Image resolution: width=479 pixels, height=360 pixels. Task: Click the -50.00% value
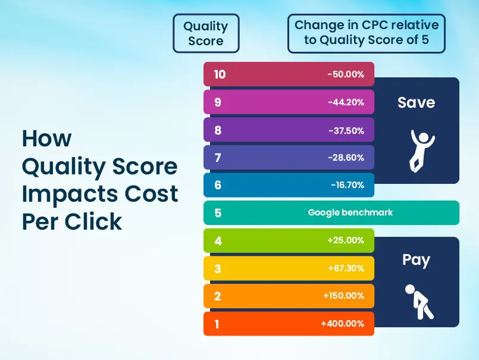tap(346, 74)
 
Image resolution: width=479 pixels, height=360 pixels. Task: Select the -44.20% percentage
tap(346, 102)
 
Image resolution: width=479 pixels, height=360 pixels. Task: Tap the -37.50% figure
tap(346, 130)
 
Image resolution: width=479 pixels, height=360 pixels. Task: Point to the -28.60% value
tap(346, 158)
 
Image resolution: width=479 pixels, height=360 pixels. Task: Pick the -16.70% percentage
tap(347, 185)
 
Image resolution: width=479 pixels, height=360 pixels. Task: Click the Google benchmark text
tap(350, 212)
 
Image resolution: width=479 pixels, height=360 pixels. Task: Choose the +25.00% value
tap(346, 240)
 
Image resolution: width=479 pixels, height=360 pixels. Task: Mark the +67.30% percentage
tap(346, 268)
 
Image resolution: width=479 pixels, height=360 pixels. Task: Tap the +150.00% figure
tap(344, 296)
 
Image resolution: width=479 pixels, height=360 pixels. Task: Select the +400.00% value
tap(342, 324)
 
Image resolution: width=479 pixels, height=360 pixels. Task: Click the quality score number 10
tap(220, 74)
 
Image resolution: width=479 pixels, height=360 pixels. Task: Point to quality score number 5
tap(218, 212)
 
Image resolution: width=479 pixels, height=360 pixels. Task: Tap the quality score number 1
tap(218, 324)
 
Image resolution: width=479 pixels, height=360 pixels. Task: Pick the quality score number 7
tap(218, 158)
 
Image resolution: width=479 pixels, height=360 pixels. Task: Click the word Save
tap(417, 102)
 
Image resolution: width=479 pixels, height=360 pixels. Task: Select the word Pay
tap(417, 260)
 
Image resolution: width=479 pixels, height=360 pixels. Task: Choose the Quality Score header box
tap(206, 33)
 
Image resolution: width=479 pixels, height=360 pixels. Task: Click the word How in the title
tap(46, 139)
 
